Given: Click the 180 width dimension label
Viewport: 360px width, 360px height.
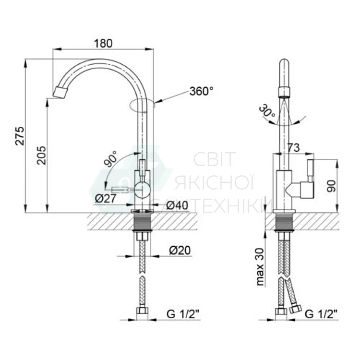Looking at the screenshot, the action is [x=103, y=43].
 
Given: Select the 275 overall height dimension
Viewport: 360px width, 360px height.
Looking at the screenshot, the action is [x=20, y=136].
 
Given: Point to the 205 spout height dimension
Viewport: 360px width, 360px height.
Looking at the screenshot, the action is [x=42, y=155].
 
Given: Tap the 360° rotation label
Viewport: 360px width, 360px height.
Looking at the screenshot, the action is [x=201, y=91].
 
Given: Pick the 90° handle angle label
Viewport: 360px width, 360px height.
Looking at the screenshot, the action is [x=110, y=159].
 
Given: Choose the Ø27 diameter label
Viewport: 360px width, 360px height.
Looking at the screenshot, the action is [x=106, y=199].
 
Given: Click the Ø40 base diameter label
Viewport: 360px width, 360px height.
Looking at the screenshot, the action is [x=177, y=205].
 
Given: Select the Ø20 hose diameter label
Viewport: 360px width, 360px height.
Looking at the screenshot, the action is [x=180, y=251].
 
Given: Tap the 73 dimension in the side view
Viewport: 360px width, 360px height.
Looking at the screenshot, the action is [x=293, y=148].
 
